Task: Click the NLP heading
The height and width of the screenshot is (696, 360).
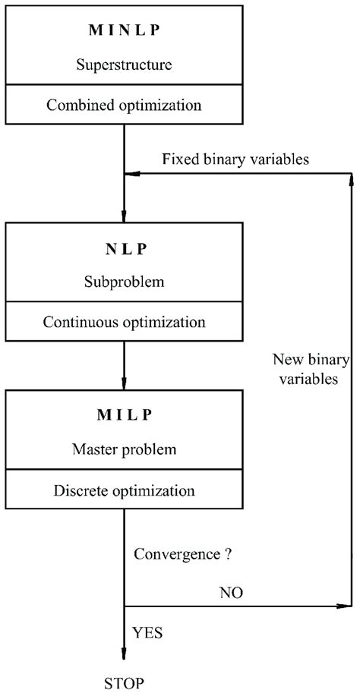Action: point(125,249)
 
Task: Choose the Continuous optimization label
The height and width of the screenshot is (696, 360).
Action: point(125,321)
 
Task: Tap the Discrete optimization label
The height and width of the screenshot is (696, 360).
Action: point(125,490)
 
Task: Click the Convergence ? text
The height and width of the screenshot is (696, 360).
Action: point(182,554)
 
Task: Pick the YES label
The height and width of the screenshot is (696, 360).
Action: point(147,631)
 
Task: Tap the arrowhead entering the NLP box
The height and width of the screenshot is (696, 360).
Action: point(125,215)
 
